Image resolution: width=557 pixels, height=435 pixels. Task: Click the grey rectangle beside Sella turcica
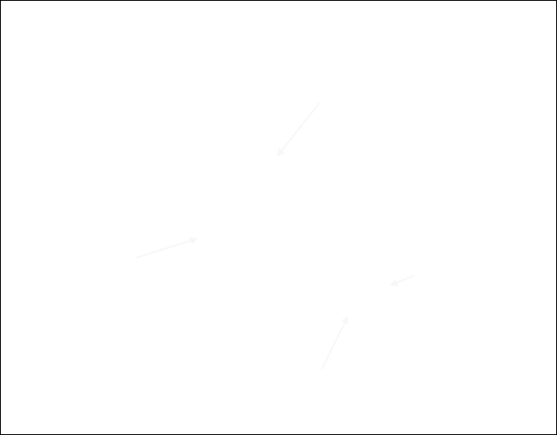point(299,129)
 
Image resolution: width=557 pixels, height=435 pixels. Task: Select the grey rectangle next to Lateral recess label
point(168,248)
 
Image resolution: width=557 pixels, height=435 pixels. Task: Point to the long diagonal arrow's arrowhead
point(348,296)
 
